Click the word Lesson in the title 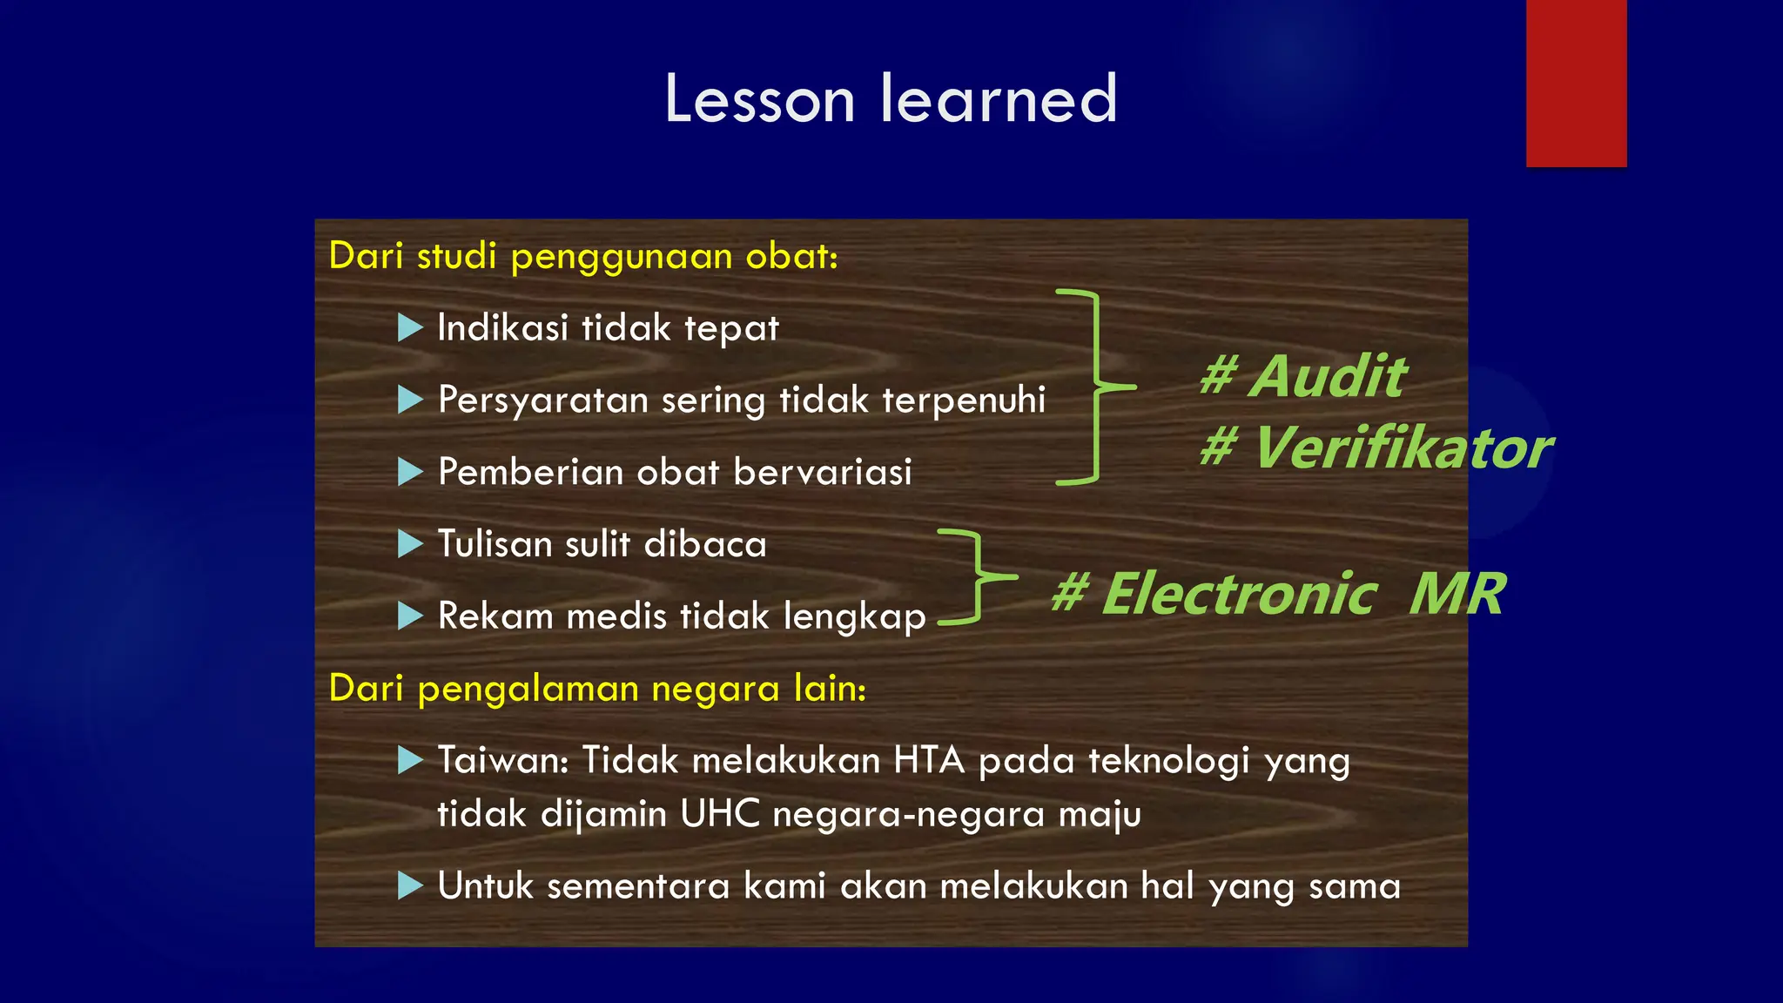[759, 99]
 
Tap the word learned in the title [999, 99]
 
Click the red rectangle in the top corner [1576, 83]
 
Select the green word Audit [1328, 376]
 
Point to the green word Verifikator [1402, 448]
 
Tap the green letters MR [1457, 595]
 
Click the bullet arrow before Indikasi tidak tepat [409, 328]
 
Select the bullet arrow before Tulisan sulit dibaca [409, 544]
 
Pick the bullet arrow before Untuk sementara [409, 886]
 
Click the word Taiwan [502, 760]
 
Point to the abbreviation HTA [929, 760]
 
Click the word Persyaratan [543, 401]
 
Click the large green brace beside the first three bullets [1093, 386]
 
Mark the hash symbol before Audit [1217, 376]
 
